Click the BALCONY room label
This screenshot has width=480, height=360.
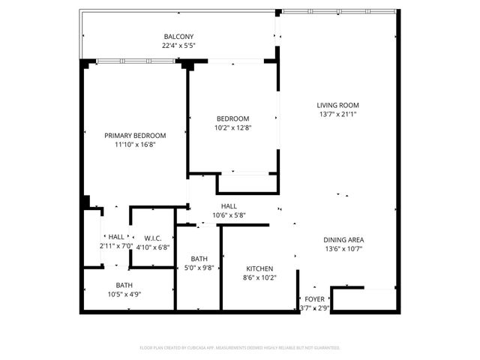coord(178,37)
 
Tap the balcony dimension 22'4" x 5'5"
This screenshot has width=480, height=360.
coord(178,46)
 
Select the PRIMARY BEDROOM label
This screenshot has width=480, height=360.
coord(135,135)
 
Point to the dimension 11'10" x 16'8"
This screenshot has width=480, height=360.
coord(135,144)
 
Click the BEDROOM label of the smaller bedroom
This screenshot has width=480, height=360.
coord(232,118)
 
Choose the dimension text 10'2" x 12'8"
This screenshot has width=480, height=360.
coord(232,127)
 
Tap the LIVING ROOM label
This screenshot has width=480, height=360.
coord(338,105)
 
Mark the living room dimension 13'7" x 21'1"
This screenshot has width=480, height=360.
coord(338,114)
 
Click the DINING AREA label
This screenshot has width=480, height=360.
coord(344,240)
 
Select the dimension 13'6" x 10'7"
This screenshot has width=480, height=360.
coord(344,249)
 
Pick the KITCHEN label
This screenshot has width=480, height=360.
coord(260,268)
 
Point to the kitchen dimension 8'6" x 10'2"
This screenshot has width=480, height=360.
coord(260,277)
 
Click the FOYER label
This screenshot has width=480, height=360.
coord(315,298)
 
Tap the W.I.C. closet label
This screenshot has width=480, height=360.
coord(154,237)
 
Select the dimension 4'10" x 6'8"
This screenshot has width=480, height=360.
coord(154,246)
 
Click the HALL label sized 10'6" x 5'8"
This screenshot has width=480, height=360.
coord(229,206)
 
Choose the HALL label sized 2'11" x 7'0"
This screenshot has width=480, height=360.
coord(116,237)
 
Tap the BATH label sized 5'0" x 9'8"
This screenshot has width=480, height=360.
coord(199,258)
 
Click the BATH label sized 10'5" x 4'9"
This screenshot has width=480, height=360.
coord(124,285)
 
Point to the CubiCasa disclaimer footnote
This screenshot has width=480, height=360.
coord(240,348)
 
